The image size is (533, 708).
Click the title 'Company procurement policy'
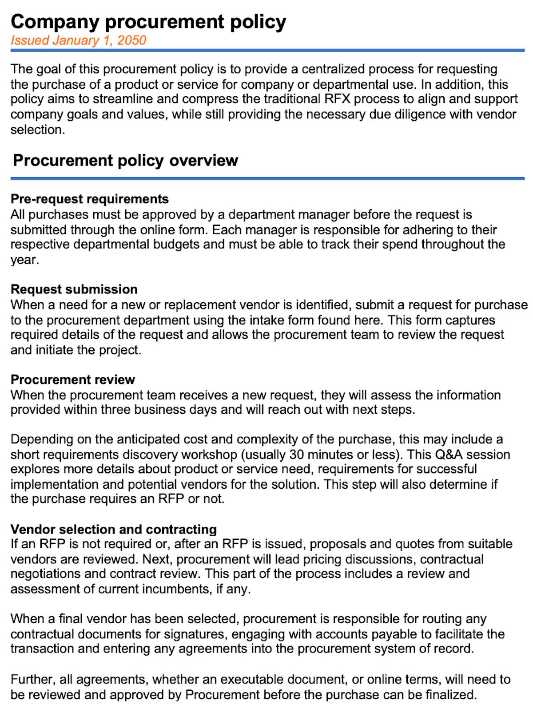(148, 22)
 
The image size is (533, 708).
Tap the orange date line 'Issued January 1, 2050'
(78, 40)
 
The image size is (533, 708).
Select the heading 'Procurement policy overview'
(125, 160)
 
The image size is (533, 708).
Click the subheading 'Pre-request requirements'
(89, 199)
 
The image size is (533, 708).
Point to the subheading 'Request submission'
(74, 289)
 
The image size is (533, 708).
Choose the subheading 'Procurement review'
(72, 380)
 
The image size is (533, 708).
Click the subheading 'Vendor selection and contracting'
(113, 530)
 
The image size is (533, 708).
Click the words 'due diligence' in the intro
(407, 115)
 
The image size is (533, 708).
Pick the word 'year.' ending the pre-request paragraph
(25, 260)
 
